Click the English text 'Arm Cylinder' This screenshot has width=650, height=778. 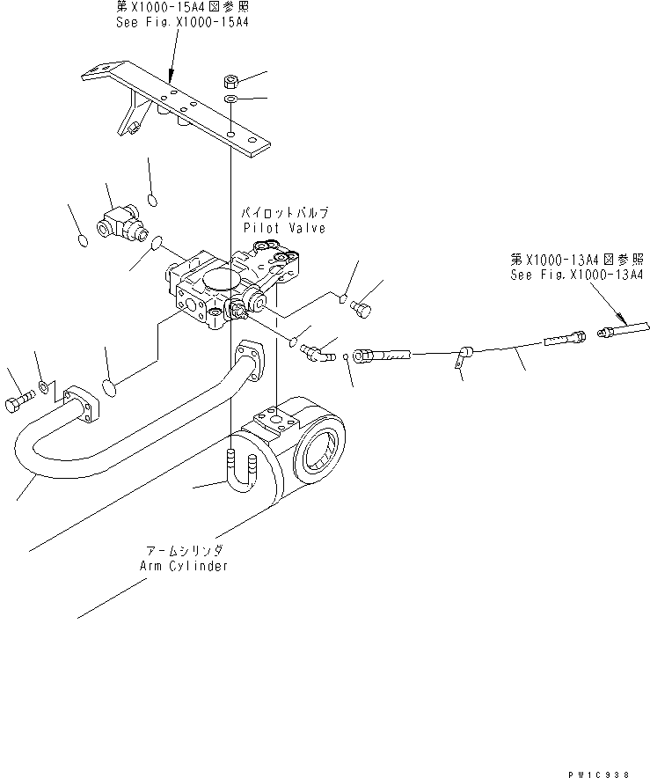(184, 565)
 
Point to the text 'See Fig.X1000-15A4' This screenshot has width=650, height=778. (182, 21)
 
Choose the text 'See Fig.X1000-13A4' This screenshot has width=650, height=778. (576, 275)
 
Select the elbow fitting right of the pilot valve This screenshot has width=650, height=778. (316, 353)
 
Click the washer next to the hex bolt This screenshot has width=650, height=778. (44, 387)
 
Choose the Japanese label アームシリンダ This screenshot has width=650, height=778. (183, 550)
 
